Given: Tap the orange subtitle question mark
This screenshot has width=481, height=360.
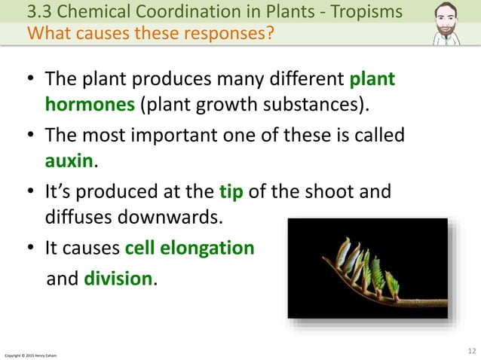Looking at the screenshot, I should [269, 34].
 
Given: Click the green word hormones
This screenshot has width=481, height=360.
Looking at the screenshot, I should [90, 103].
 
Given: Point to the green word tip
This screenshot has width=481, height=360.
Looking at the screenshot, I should [231, 192].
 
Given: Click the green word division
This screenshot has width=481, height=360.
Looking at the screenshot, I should [118, 279].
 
